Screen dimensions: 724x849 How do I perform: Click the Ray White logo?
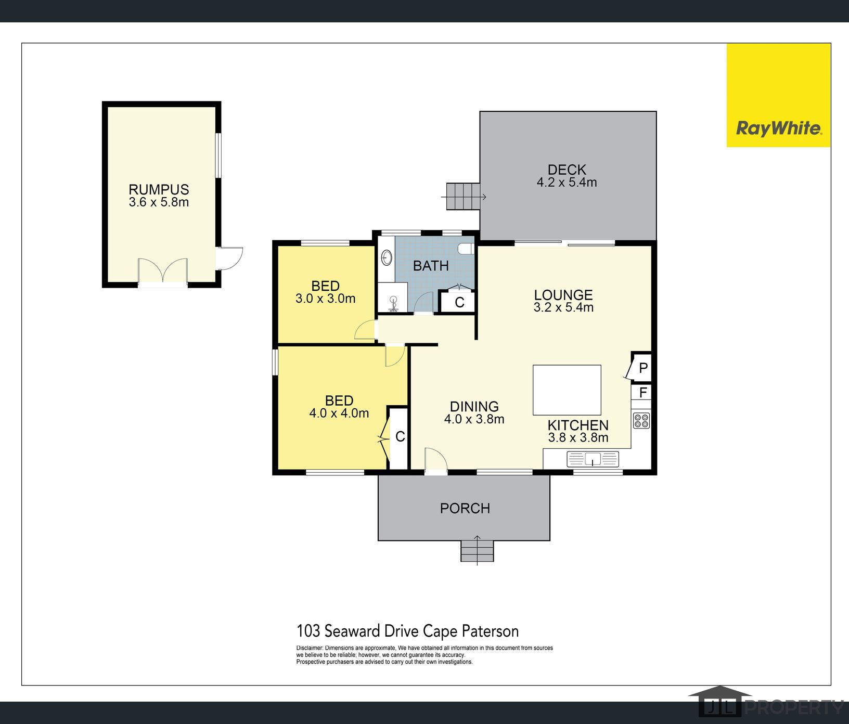(778, 128)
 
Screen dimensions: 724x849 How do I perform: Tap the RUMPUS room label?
(159, 189)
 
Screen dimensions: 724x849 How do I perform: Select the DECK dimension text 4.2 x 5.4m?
(567, 183)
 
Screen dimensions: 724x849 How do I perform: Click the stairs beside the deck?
(462, 197)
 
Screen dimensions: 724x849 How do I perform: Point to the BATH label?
(431, 266)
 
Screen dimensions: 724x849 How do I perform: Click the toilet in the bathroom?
(467, 249)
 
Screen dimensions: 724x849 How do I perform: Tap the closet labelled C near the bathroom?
(459, 302)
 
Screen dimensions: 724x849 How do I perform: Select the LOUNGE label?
(563, 295)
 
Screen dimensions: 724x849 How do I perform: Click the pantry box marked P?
(642, 368)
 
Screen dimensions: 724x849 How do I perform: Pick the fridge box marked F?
(642, 392)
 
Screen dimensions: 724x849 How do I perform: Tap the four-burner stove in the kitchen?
(641, 420)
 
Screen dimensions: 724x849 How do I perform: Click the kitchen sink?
(593, 459)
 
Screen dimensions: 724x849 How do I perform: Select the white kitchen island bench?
(567, 390)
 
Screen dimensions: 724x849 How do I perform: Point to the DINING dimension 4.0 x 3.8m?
(474, 419)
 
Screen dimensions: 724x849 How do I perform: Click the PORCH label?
(465, 508)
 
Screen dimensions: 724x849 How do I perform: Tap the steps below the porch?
(477, 551)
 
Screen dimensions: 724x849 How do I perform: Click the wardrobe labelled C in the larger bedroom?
(399, 437)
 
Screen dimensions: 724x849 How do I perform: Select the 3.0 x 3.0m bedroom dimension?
(325, 299)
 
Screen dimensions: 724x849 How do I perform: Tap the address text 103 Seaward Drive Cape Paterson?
(407, 631)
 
